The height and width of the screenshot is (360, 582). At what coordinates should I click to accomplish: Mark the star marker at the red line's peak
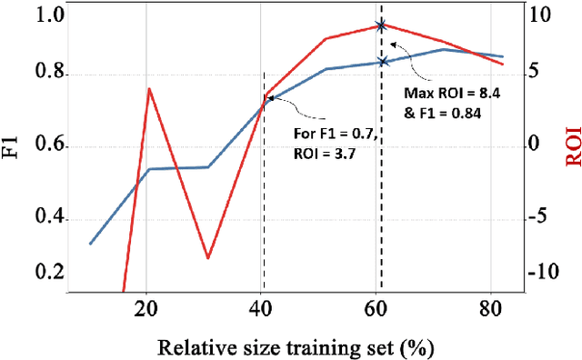click(x=382, y=26)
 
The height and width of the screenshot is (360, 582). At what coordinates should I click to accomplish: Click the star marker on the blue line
click(x=382, y=62)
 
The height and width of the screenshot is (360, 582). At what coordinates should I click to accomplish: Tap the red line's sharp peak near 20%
click(x=149, y=88)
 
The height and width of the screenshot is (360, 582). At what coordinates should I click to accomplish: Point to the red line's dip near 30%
click(x=207, y=258)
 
